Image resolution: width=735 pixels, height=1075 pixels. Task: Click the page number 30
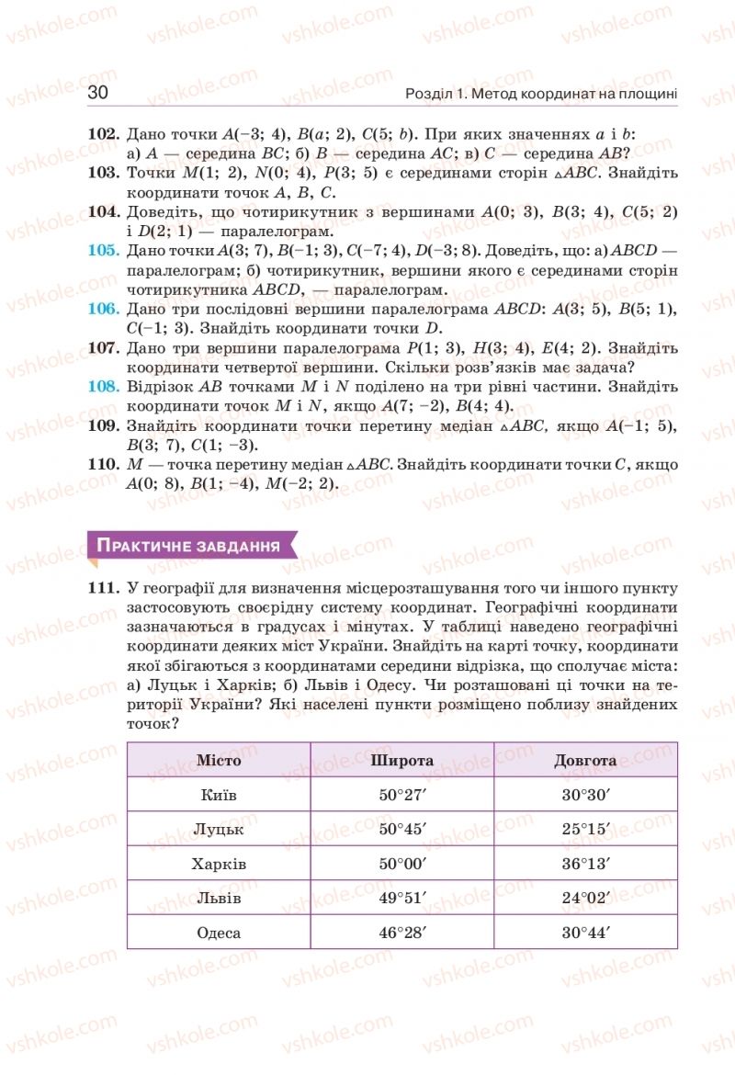[98, 93]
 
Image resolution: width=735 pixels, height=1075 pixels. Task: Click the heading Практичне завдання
[188, 546]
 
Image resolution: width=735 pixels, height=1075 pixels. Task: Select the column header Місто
[219, 760]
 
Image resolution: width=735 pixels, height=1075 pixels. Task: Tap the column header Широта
[402, 760]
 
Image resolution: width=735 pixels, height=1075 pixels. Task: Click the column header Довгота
[585, 760]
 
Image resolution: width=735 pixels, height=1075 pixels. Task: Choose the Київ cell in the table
[219, 795]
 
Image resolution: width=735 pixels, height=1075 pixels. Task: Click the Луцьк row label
[219, 829]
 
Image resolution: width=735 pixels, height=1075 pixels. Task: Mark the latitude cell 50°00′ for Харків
[402, 864]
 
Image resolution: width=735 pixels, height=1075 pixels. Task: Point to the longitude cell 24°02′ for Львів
[585, 898]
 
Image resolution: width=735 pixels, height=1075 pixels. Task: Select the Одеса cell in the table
[219, 933]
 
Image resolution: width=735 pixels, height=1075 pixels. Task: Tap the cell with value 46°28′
[402, 933]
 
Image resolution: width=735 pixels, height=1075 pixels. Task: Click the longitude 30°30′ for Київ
[585, 795]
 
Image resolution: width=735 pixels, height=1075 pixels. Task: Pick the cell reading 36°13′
[585, 864]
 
